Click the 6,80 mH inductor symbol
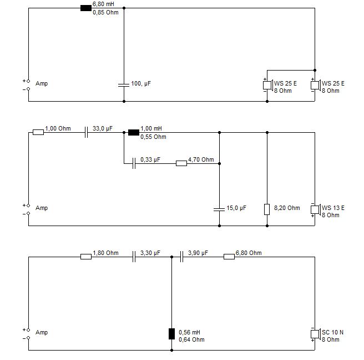(86, 8)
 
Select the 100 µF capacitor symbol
(124, 85)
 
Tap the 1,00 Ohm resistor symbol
(38, 132)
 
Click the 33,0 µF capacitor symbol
(86, 132)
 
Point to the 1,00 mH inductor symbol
(134, 132)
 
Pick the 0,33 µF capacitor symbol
(134, 163)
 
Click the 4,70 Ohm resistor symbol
(181, 163)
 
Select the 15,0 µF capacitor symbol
(219, 209)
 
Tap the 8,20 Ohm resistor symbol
(267, 209)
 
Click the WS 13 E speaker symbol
(316, 209)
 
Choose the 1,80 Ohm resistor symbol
(86, 257)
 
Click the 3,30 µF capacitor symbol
(134, 257)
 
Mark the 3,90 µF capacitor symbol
(181, 257)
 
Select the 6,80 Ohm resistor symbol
(229, 257)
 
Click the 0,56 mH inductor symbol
(171, 334)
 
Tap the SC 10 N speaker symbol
(316, 334)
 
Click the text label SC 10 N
(332, 332)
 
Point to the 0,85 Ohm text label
(105, 12)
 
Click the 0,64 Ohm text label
(191, 339)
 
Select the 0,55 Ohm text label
(153, 137)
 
